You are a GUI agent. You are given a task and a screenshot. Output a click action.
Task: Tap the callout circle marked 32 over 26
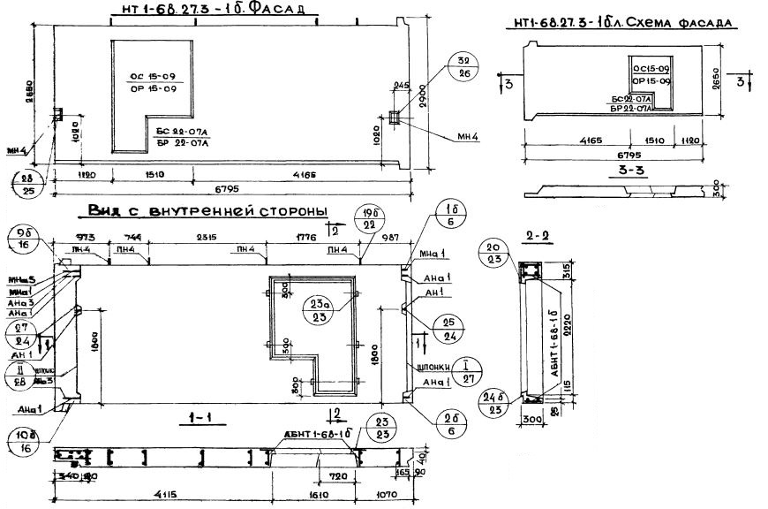[x=460, y=66]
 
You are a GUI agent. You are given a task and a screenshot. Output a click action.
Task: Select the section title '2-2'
[x=538, y=237]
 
